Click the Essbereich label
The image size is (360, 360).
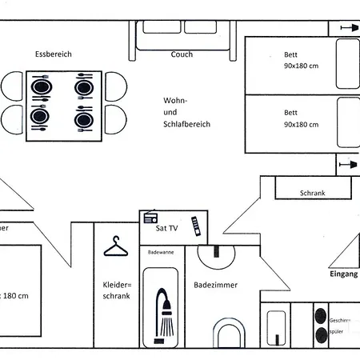54,54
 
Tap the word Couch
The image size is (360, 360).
182,55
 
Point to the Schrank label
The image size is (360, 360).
312,193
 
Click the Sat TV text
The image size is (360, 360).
166,228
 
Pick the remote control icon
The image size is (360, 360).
194,227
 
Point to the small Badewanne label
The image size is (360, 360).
160,252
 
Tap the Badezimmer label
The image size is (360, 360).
215,285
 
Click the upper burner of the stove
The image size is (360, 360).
322,315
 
